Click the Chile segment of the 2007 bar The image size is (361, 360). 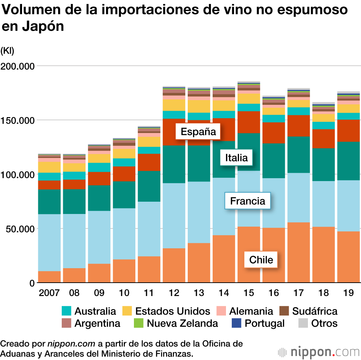[49, 277]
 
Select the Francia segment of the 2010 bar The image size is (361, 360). [124, 233]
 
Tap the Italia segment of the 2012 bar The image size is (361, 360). [174, 164]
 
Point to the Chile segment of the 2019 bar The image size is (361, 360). [349, 257]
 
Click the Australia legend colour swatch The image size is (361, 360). [67, 311]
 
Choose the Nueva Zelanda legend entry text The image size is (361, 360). [182, 323]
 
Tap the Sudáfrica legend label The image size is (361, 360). [315, 311]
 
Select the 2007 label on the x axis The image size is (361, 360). [49, 292]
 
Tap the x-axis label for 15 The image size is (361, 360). [249, 292]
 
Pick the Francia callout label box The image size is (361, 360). [248, 201]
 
